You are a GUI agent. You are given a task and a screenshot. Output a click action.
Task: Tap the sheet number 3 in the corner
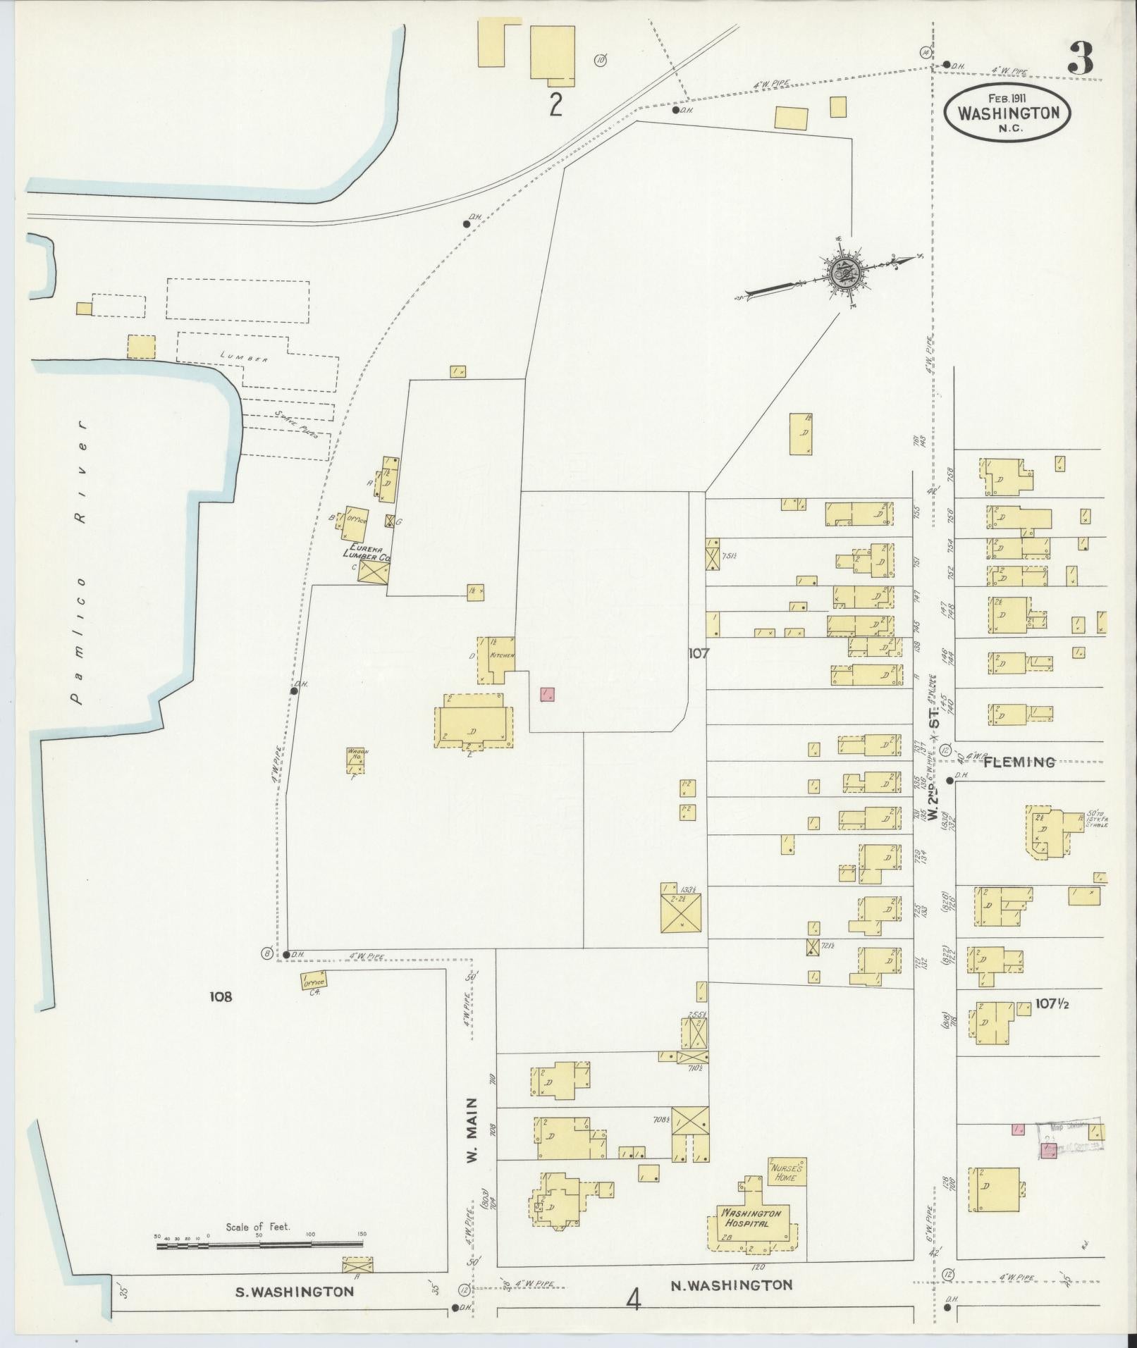tap(1081, 58)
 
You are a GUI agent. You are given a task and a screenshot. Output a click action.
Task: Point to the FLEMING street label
tap(1019, 762)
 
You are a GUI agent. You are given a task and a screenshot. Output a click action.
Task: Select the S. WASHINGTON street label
tap(294, 1292)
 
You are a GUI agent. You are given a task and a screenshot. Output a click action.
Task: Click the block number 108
tap(221, 996)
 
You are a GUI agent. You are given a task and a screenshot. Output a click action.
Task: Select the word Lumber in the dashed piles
tap(244, 358)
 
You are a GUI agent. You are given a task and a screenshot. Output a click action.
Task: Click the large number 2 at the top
tap(555, 105)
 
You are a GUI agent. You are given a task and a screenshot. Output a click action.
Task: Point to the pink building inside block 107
tap(547, 694)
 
